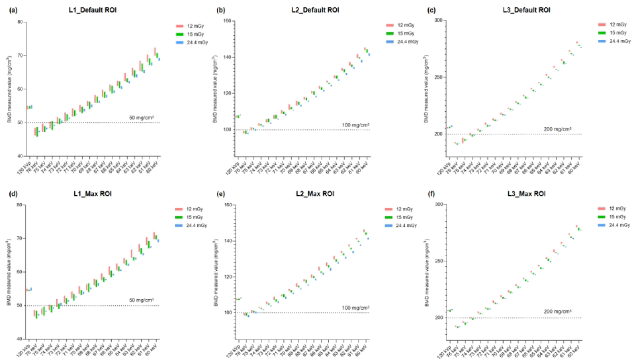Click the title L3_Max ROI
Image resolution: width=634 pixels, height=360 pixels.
(x=526, y=193)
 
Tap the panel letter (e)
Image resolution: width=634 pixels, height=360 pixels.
(x=220, y=193)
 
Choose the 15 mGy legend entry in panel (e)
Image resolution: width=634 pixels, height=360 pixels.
(x=405, y=217)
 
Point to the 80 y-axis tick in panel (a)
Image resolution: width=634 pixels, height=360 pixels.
(x=20, y=22)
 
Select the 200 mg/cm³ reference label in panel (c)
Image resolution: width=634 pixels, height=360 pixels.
(x=557, y=129)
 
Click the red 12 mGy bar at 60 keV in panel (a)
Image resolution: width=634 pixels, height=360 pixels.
(x=155, y=51)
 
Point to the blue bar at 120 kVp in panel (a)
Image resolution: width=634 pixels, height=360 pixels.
(x=32, y=107)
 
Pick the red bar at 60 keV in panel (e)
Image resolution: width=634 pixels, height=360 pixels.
(x=364, y=231)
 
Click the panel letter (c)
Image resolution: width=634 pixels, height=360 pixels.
(x=431, y=10)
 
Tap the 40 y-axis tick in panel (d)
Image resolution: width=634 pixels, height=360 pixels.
(x=20, y=339)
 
